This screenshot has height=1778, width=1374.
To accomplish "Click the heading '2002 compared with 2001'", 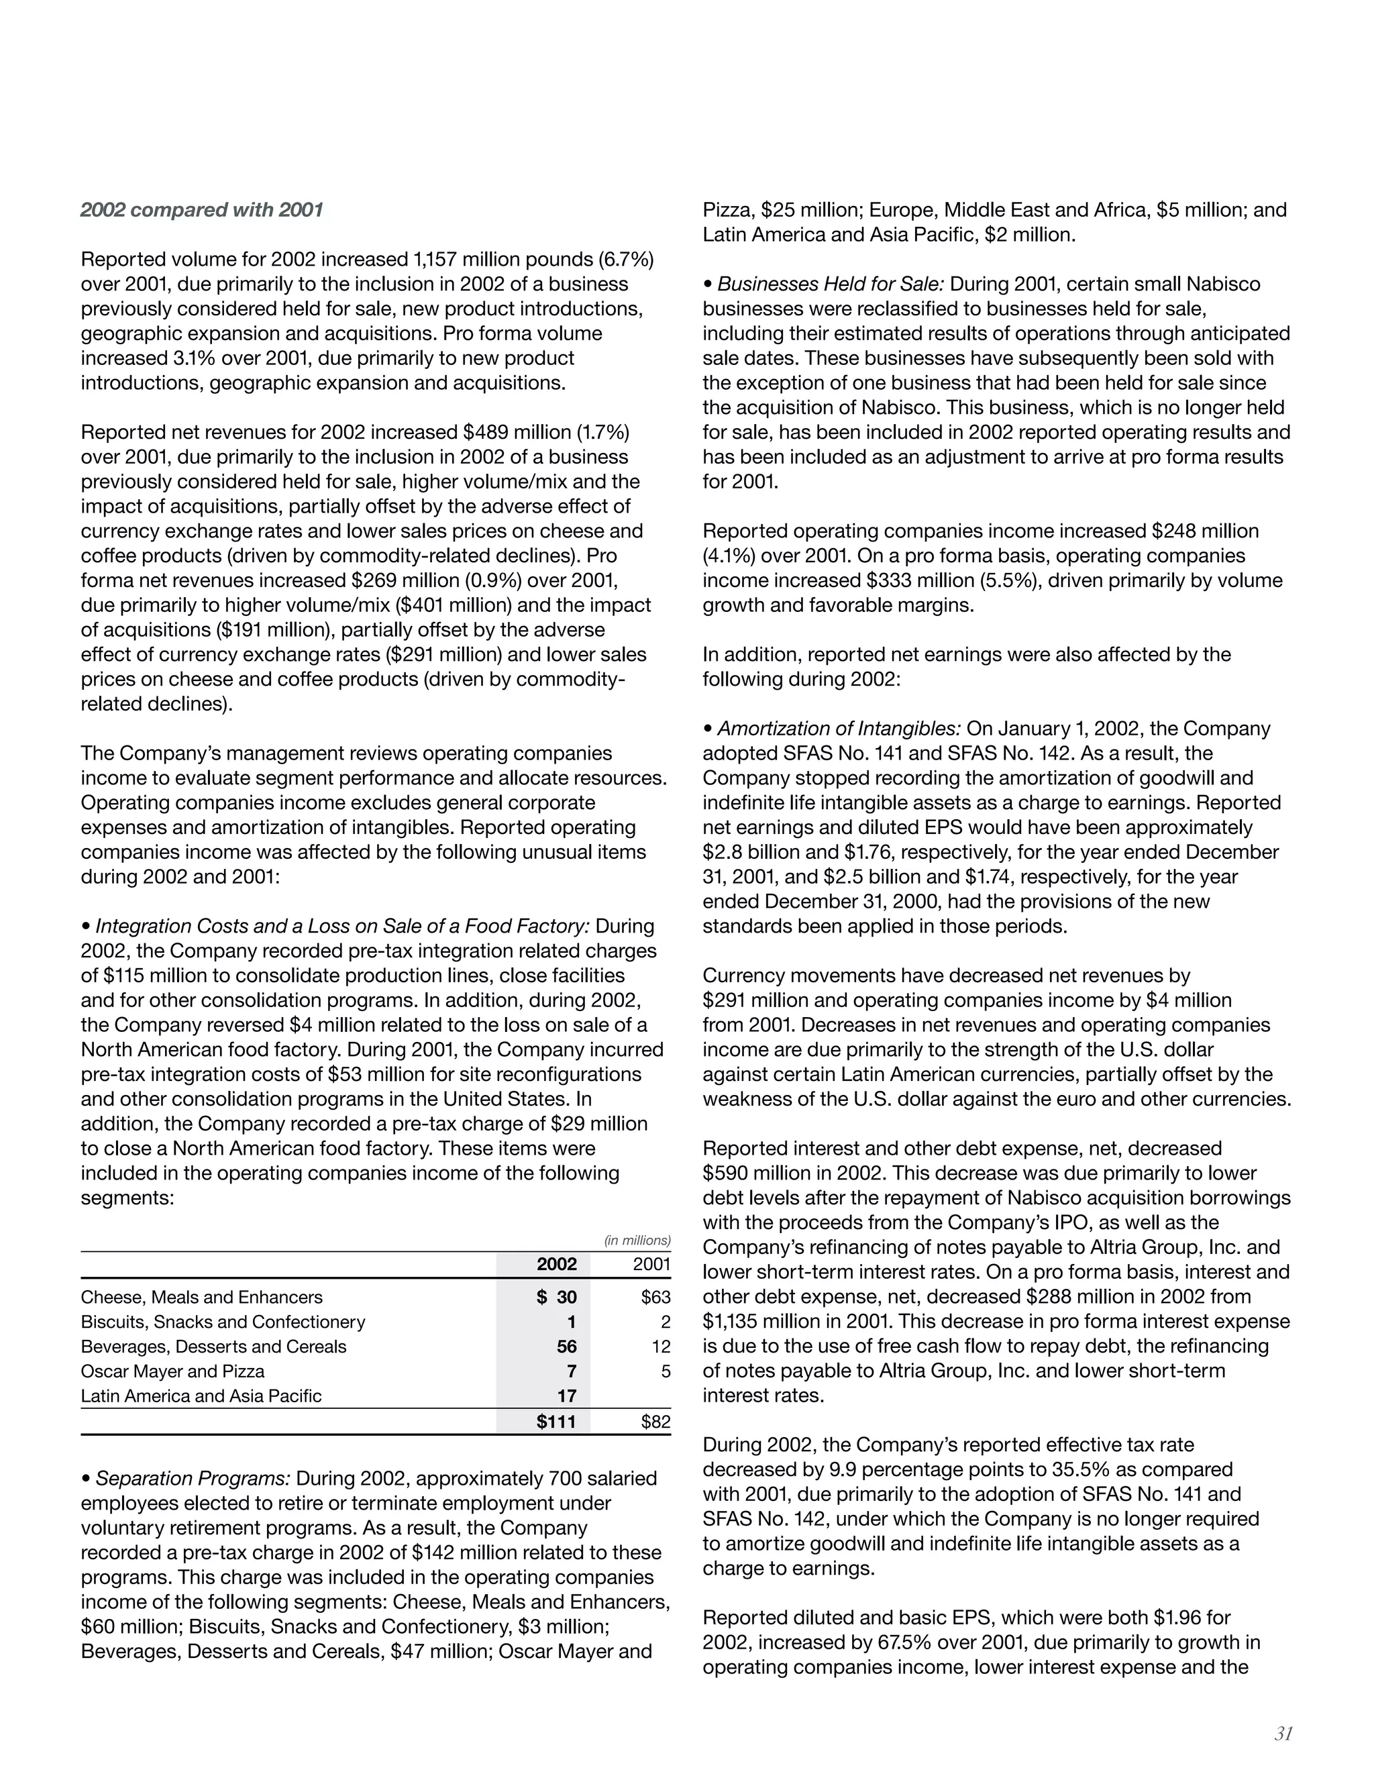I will (202, 210).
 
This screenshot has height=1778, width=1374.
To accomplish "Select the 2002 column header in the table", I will (556, 1263).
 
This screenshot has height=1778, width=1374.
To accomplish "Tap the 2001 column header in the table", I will (651, 1263).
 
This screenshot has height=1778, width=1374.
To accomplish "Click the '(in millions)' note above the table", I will (637, 1240).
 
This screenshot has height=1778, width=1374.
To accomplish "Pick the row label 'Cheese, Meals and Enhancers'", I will (202, 1297).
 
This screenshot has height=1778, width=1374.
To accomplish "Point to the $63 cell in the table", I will (655, 1297).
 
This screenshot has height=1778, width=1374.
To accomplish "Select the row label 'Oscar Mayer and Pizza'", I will (172, 1371).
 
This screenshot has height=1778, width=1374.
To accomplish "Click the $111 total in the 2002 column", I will (556, 1422).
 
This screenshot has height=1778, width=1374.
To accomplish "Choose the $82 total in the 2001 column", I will (655, 1422).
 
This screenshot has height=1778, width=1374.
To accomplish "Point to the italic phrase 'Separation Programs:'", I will (193, 1477).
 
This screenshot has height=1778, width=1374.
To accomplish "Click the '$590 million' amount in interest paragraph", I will (751, 1173).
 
